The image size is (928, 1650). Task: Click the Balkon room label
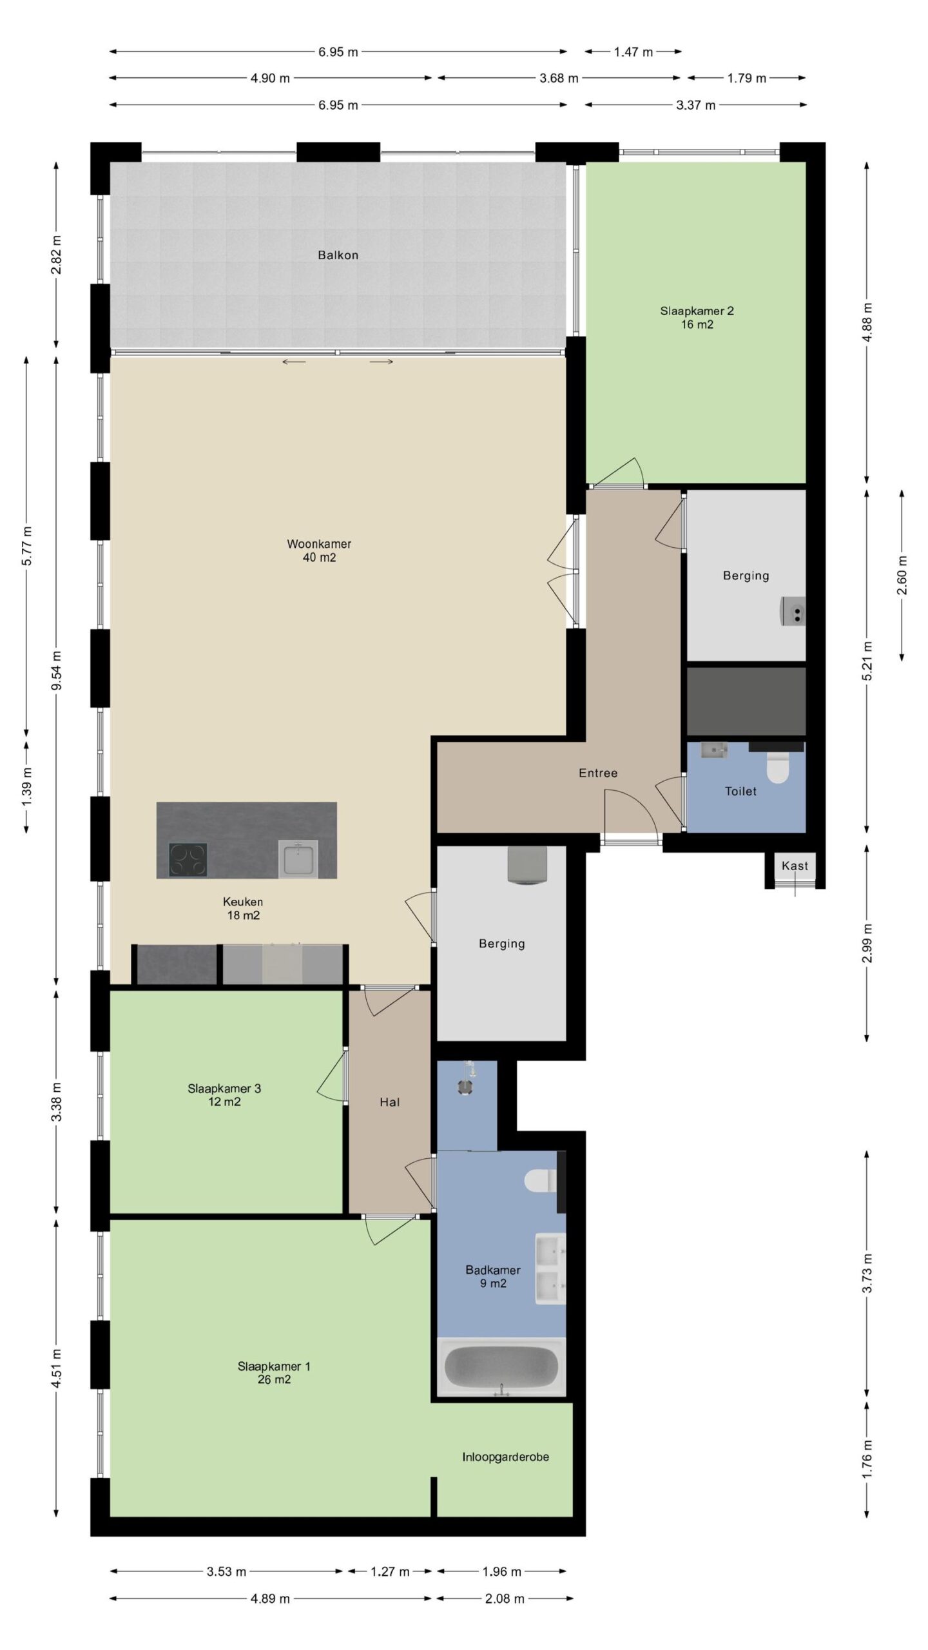tap(338, 255)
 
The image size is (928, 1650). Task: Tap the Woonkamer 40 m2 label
tap(319, 550)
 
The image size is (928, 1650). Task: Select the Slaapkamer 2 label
tap(697, 317)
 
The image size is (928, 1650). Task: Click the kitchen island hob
tap(188, 859)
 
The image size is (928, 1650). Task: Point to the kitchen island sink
tap(298, 859)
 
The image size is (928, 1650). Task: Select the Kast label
tap(795, 866)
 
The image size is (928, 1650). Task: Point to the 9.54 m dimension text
tap(57, 670)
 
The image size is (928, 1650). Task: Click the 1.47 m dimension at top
tap(633, 52)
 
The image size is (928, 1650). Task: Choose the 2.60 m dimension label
tap(902, 575)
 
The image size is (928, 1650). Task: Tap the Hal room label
tap(390, 1102)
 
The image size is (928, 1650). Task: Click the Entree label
tap(598, 773)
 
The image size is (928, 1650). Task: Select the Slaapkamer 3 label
tap(224, 1095)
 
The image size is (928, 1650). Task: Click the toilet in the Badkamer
tap(541, 1181)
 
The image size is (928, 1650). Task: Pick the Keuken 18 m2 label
tap(243, 908)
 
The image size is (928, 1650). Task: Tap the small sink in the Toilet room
tap(713, 750)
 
